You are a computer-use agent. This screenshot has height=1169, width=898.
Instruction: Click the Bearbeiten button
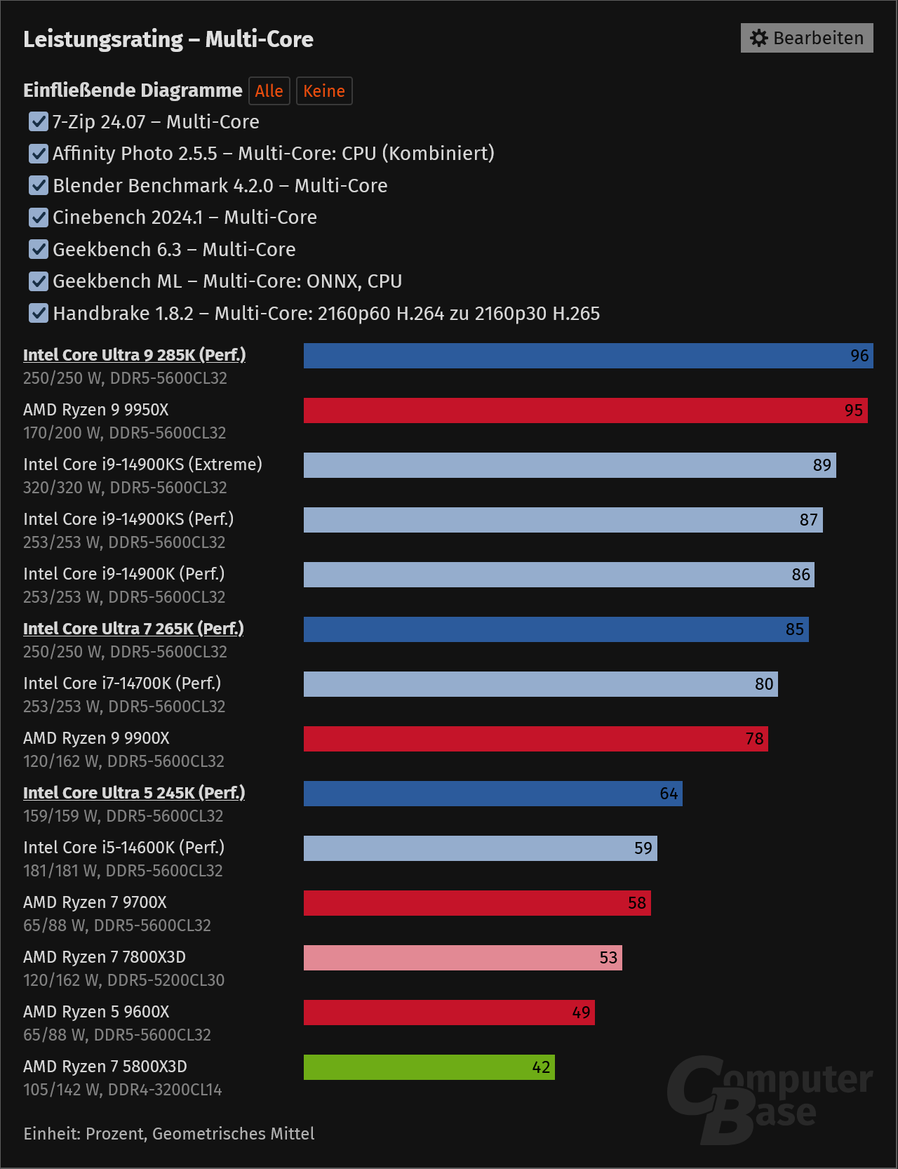[x=807, y=38]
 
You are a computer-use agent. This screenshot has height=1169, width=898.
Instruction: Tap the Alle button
[x=269, y=91]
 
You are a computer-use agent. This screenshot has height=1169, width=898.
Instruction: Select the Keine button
[x=324, y=91]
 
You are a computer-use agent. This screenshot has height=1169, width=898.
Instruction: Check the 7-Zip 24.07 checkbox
[x=39, y=122]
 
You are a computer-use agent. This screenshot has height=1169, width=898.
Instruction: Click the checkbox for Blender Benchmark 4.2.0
[x=39, y=185]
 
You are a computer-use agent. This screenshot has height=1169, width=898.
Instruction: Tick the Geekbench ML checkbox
[x=39, y=281]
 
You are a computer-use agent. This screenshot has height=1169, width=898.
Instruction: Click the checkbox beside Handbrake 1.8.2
[x=39, y=313]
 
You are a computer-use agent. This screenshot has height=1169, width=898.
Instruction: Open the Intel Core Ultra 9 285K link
[x=134, y=355]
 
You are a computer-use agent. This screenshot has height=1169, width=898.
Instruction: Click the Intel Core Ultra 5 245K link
[x=134, y=793]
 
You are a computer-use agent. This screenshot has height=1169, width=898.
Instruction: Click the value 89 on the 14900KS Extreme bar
[x=822, y=465]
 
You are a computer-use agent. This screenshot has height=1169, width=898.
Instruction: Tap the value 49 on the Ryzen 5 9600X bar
[x=581, y=1013]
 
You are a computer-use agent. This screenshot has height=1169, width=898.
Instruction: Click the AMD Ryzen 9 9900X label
[x=96, y=738]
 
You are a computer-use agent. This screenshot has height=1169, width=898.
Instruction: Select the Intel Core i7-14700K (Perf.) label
[x=122, y=683]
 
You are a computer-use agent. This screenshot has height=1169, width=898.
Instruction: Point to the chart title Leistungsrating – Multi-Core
[x=168, y=39]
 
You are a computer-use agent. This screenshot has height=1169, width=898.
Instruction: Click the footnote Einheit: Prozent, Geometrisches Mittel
[x=169, y=1134]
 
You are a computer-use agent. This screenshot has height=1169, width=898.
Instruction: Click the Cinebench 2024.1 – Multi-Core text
[x=185, y=218]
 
